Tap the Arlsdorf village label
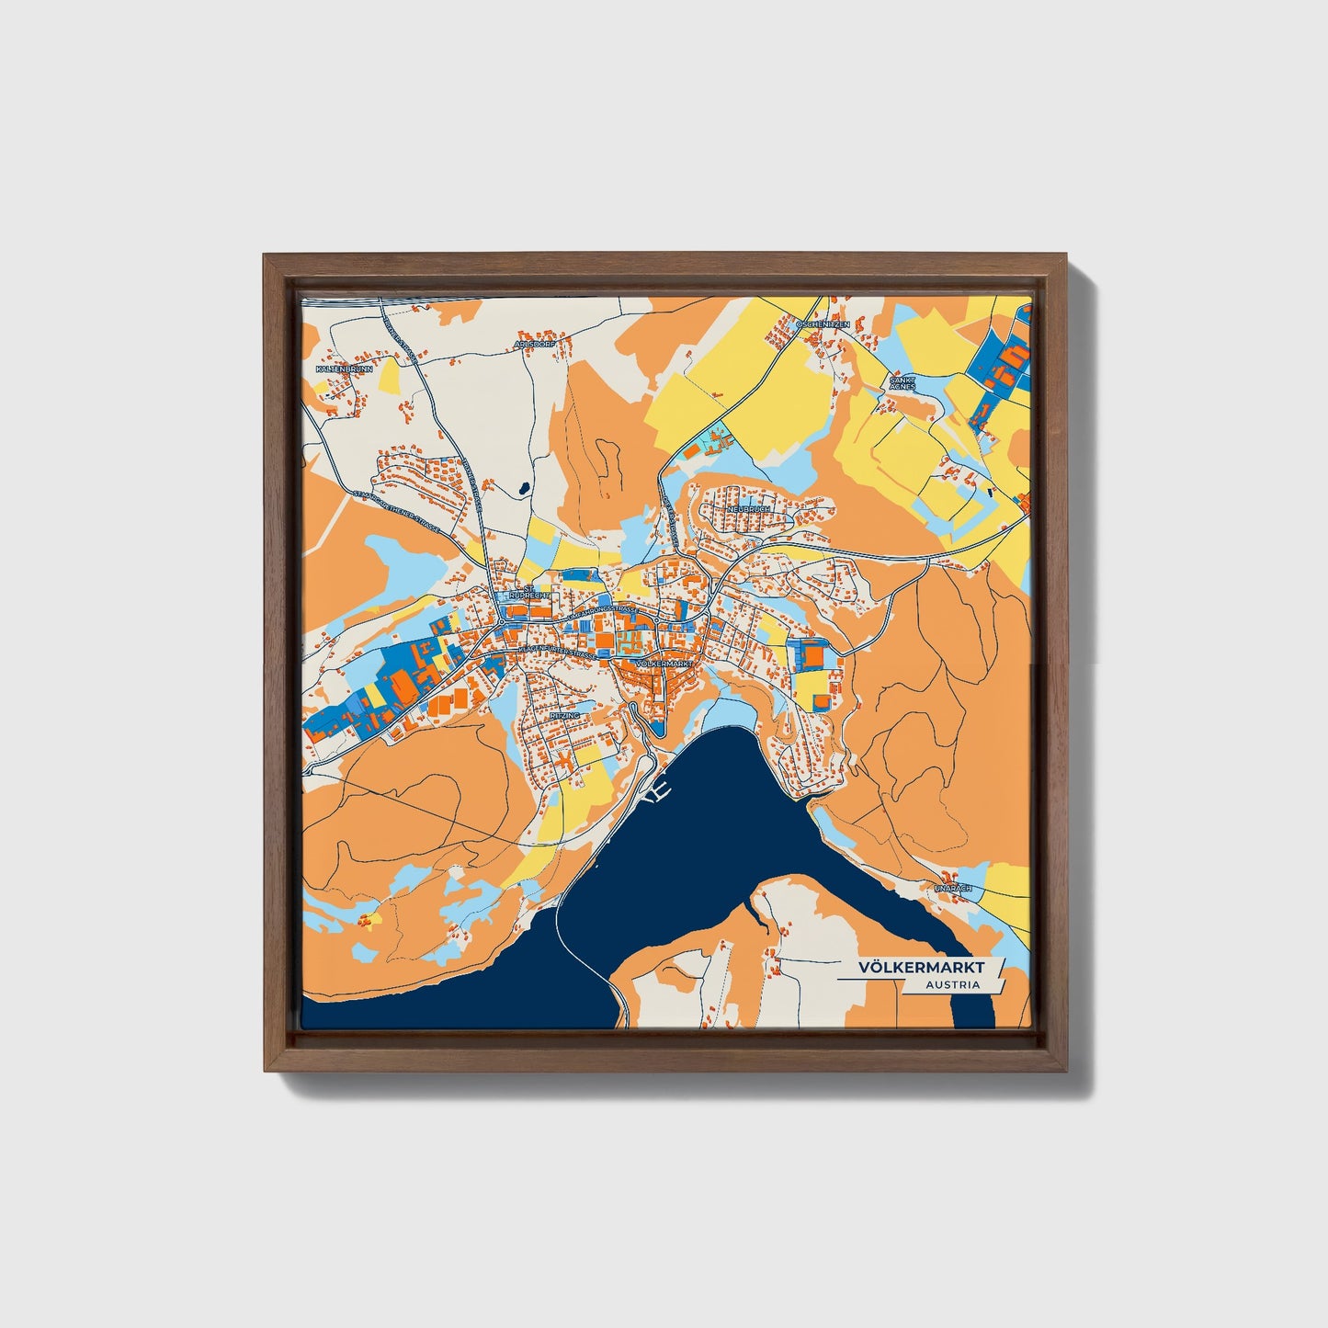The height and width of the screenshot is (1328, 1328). (536, 346)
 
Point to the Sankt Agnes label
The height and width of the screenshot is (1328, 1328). (901, 381)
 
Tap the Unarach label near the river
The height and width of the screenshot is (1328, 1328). (952, 889)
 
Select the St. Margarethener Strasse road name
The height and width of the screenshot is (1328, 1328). (397, 514)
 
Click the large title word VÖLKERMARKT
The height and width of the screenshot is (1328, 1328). (921, 968)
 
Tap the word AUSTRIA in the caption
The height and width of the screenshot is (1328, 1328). (952, 985)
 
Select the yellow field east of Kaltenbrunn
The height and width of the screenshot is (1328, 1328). (388, 375)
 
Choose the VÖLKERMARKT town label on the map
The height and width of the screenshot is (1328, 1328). (663, 663)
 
